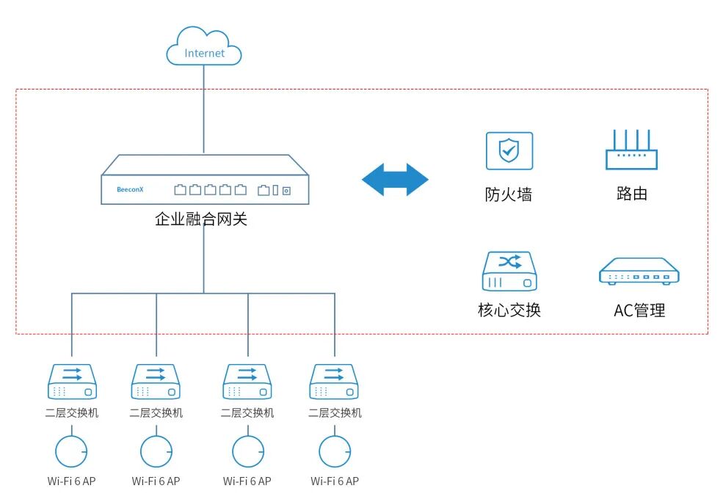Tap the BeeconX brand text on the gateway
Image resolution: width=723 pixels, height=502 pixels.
coord(130,189)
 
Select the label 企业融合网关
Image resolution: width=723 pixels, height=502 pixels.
coord(201,219)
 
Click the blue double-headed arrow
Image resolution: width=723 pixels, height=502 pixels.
coord(395,180)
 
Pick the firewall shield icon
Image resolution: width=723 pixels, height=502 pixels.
coord(509,150)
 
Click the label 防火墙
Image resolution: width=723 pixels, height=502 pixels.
coord(508,194)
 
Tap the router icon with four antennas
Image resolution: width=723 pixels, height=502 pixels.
coord(631,150)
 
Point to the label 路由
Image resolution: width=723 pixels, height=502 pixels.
coord(631,194)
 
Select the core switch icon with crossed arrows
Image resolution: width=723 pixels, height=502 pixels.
coord(509,272)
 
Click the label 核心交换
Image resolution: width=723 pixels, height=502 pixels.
coord(509,310)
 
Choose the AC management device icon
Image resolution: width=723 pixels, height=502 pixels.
coord(639,272)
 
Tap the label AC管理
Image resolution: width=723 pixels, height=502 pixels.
coord(639,310)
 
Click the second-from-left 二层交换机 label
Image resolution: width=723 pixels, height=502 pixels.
coord(156,413)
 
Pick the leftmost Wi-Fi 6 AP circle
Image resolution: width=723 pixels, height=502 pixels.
coord(71,451)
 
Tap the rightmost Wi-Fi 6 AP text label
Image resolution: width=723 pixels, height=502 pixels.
coord(335,481)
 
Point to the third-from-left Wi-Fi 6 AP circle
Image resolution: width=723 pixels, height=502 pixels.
coord(247,451)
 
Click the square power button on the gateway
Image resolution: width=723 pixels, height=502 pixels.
coord(286,191)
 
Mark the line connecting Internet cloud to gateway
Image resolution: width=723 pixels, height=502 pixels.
coord(204,110)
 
